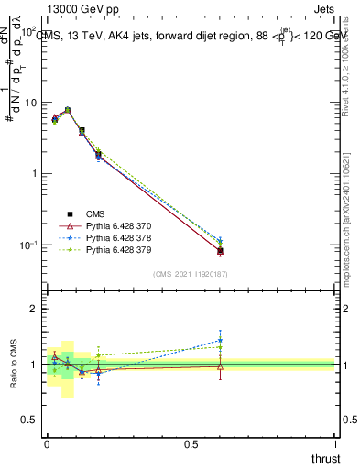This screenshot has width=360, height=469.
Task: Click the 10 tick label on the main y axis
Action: click(28, 103)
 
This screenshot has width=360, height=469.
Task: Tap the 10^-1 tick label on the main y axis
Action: click(27, 245)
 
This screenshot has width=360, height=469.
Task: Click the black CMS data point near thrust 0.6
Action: click(220, 251)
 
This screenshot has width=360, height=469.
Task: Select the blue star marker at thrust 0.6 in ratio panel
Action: click(220, 340)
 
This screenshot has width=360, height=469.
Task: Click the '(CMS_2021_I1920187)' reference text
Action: click(191, 273)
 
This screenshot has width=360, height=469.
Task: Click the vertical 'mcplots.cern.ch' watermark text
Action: click(348, 229)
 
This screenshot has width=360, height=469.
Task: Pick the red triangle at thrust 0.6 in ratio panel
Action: click(220, 366)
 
